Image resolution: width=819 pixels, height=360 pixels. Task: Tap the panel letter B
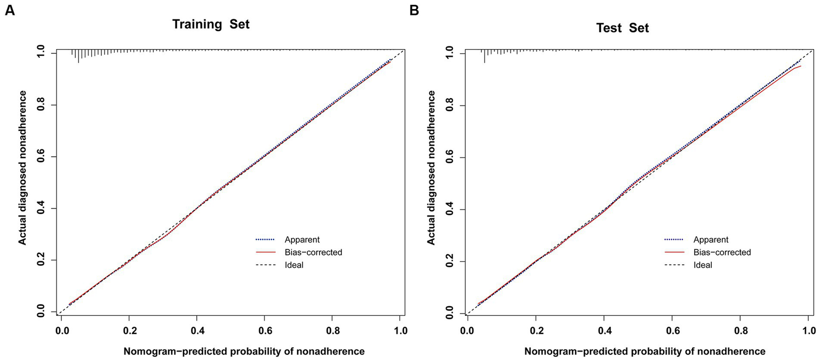[x=414, y=10]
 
